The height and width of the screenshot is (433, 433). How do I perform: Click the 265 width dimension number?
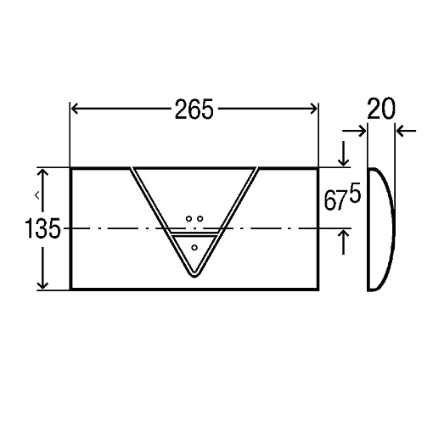click(194, 109)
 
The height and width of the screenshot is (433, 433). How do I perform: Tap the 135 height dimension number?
click(42, 228)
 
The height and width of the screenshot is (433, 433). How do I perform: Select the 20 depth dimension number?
click(380, 108)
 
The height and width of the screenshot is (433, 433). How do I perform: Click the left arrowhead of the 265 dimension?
click(75, 109)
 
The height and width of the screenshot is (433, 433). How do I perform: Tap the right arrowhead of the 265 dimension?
click(313, 109)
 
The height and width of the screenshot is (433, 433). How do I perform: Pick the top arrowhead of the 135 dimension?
click(42, 173)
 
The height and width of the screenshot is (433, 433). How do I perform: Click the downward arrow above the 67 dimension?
click(344, 153)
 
